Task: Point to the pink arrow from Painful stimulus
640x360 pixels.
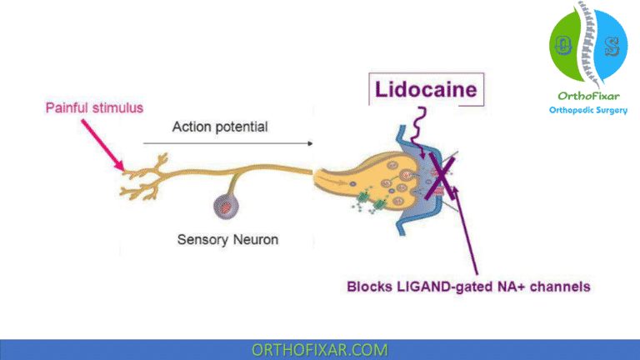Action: [105, 143]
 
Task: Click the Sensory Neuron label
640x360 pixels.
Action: [227, 239]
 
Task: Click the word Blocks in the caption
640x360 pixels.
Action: [367, 287]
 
